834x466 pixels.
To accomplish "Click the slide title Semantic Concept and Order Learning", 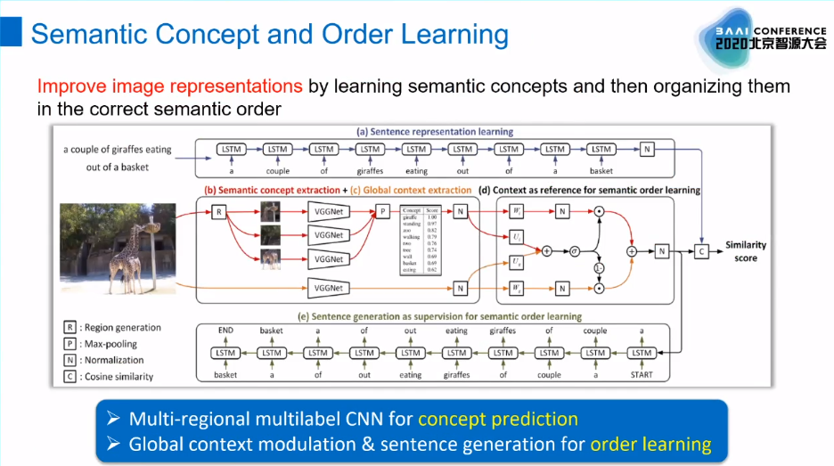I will (269, 35).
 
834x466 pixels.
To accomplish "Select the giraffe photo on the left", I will (118, 249).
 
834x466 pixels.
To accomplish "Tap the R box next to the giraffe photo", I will (217, 212).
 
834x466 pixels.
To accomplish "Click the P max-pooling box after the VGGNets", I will (383, 212).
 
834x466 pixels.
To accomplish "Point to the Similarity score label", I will (745, 251).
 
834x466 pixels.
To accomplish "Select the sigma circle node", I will (575, 251).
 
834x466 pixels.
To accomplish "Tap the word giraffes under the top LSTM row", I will (370, 171).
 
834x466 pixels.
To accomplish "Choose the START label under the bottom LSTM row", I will (642, 375).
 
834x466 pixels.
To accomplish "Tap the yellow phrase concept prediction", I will (498, 419).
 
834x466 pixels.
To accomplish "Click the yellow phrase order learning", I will (651, 444).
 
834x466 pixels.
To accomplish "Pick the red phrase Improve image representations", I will (169, 86).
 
